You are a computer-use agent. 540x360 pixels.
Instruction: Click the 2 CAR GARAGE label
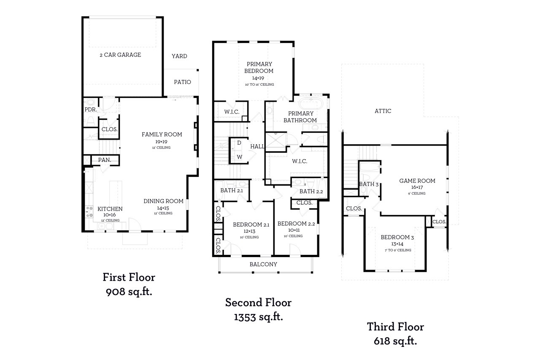120,55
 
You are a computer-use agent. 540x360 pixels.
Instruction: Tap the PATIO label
182,82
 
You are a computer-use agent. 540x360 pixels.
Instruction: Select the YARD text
179,56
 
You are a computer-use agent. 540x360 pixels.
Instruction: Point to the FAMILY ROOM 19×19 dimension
162,141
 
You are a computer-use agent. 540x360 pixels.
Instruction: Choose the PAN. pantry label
105,160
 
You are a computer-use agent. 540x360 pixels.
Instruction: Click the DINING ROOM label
163,201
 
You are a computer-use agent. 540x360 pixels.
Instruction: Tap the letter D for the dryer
239,143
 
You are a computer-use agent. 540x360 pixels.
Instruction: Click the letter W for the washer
239,157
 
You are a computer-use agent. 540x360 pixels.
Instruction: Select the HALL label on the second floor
257,146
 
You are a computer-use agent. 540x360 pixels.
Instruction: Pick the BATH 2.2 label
311,192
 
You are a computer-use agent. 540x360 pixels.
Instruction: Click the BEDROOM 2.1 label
251,225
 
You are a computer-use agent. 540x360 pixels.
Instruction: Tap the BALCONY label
263,264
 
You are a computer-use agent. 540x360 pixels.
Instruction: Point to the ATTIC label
383,111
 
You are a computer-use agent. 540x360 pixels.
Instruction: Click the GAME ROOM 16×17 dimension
417,187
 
